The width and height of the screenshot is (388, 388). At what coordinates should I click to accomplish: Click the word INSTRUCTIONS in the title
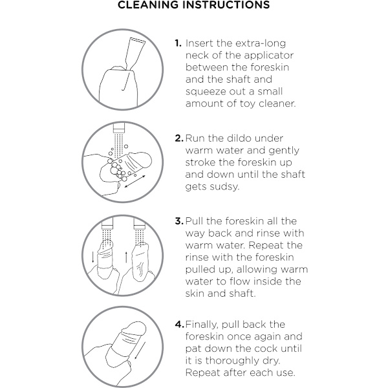coord(228,5)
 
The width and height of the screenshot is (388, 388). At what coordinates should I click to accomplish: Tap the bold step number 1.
coord(178,43)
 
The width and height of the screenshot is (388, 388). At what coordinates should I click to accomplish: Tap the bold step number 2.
coord(179,138)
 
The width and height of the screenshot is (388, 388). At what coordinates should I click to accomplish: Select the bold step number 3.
coord(179,221)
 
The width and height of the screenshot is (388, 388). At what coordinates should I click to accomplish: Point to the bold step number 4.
coord(179,325)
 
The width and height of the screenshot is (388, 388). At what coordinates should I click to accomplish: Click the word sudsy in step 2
coord(224,187)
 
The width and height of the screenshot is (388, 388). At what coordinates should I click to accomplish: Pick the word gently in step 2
coord(284,151)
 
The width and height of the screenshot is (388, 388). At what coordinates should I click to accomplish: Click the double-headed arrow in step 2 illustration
coord(135,181)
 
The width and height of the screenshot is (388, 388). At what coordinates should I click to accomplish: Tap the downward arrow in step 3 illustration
coord(92,257)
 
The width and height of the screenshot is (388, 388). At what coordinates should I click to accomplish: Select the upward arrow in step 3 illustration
coord(126,257)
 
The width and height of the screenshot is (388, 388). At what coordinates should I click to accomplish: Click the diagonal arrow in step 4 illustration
coord(140,350)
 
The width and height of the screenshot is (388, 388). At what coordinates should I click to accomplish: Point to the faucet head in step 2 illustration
coord(119,128)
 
